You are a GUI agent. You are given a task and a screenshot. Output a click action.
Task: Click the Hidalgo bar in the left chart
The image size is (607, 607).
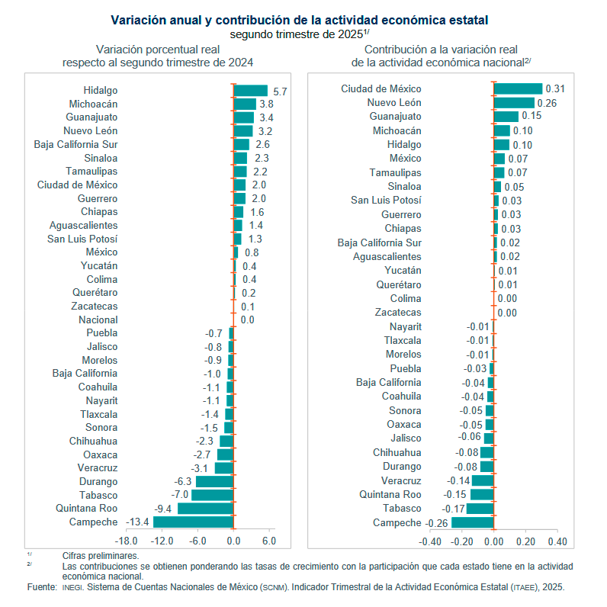pos(251,91)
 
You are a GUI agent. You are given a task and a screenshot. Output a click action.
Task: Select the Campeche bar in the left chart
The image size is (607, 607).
pos(194,522)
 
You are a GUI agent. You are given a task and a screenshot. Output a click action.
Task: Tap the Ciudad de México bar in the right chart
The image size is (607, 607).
pos(518,88)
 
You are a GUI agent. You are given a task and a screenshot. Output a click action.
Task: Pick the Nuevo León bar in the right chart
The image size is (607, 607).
pos(514,103)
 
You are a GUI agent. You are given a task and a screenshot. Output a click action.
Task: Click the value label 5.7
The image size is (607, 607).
pos(280,92)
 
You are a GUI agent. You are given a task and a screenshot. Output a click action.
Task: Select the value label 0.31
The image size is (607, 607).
pos(554,88)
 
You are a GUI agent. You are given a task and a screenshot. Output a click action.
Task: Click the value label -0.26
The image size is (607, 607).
pos(437,522)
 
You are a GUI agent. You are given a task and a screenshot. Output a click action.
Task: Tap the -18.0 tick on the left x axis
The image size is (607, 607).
pos(126,541)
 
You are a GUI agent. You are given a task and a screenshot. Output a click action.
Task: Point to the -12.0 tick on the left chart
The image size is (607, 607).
pos(162,541)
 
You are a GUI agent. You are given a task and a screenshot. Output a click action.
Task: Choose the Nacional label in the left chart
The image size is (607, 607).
pos(98,320)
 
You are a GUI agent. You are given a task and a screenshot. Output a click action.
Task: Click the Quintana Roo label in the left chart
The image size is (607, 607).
pos(87,509)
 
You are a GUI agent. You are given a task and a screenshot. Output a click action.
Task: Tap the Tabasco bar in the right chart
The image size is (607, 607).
pos(480,509)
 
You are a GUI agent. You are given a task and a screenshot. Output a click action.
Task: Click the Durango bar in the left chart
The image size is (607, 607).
pos(214,482)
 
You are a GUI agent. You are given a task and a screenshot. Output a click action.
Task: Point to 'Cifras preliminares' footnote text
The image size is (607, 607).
pos(100,556)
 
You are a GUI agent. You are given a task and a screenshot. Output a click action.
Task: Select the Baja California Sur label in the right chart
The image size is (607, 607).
pos(380,242)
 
